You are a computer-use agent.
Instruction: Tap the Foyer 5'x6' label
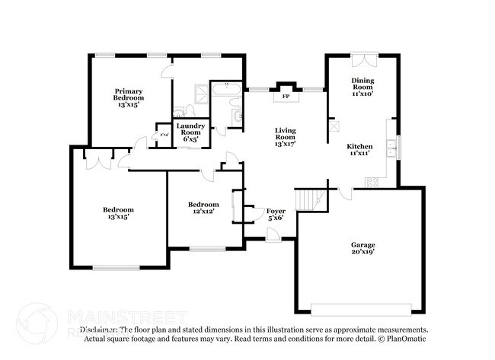(x=275, y=214)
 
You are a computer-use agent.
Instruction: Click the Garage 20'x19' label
(x=362, y=248)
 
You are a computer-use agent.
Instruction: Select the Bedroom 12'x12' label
(x=203, y=208)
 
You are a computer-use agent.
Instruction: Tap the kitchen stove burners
(x=372, y=182)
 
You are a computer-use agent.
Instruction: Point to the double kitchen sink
(x=391, y=148)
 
